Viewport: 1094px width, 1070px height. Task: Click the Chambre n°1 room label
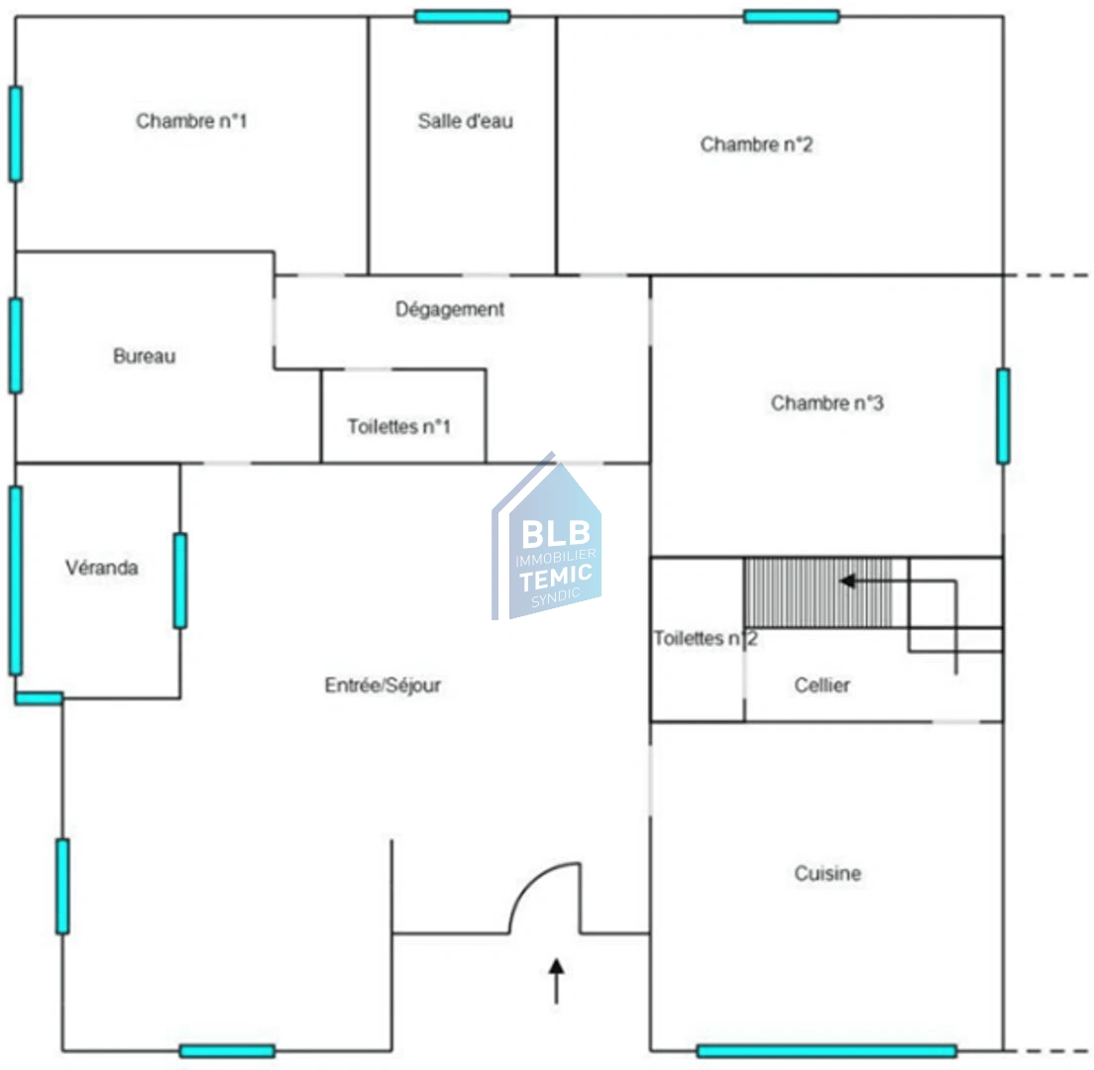coord(191,122)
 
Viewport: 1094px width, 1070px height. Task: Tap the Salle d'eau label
coord(466,122)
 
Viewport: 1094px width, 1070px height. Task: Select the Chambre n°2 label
coord(756,145)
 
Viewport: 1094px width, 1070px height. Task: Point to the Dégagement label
coord(450,309)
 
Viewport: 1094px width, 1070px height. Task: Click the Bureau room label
coord(145,357)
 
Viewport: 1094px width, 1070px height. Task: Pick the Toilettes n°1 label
coord(399,426)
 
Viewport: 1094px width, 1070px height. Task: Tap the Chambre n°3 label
coord(826,403)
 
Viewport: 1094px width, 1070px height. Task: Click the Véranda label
coord(102,568)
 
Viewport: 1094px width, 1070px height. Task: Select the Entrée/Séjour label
coord(383,685)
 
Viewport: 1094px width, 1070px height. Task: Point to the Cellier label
coord(821,685)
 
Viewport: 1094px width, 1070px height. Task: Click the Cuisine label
coord(827,873)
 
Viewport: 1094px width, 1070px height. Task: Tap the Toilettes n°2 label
coord(706,638)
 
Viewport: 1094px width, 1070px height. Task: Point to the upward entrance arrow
coord(556,981)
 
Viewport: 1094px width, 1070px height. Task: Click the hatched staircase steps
coord(818,592)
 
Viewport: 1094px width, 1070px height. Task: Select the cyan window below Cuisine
coord(826,1051)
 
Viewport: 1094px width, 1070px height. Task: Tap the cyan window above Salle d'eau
coord(462,16)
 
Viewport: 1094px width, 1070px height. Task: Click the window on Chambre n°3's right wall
coord(1003,416)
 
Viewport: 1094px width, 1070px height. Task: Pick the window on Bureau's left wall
coord(15,346)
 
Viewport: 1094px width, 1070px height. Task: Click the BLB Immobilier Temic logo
coord(547,536)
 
